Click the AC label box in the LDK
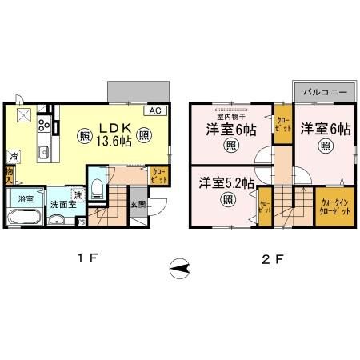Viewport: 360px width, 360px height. click(155, 111)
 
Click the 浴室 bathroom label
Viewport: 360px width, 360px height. click(24, 197)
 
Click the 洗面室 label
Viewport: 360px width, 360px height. click(57, 205)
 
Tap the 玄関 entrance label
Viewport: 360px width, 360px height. click(138, 203)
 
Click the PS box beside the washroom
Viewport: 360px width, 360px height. click(81, 222)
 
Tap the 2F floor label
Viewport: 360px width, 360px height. click(271, 260)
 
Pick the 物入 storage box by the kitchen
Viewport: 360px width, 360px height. click(10, 174)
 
